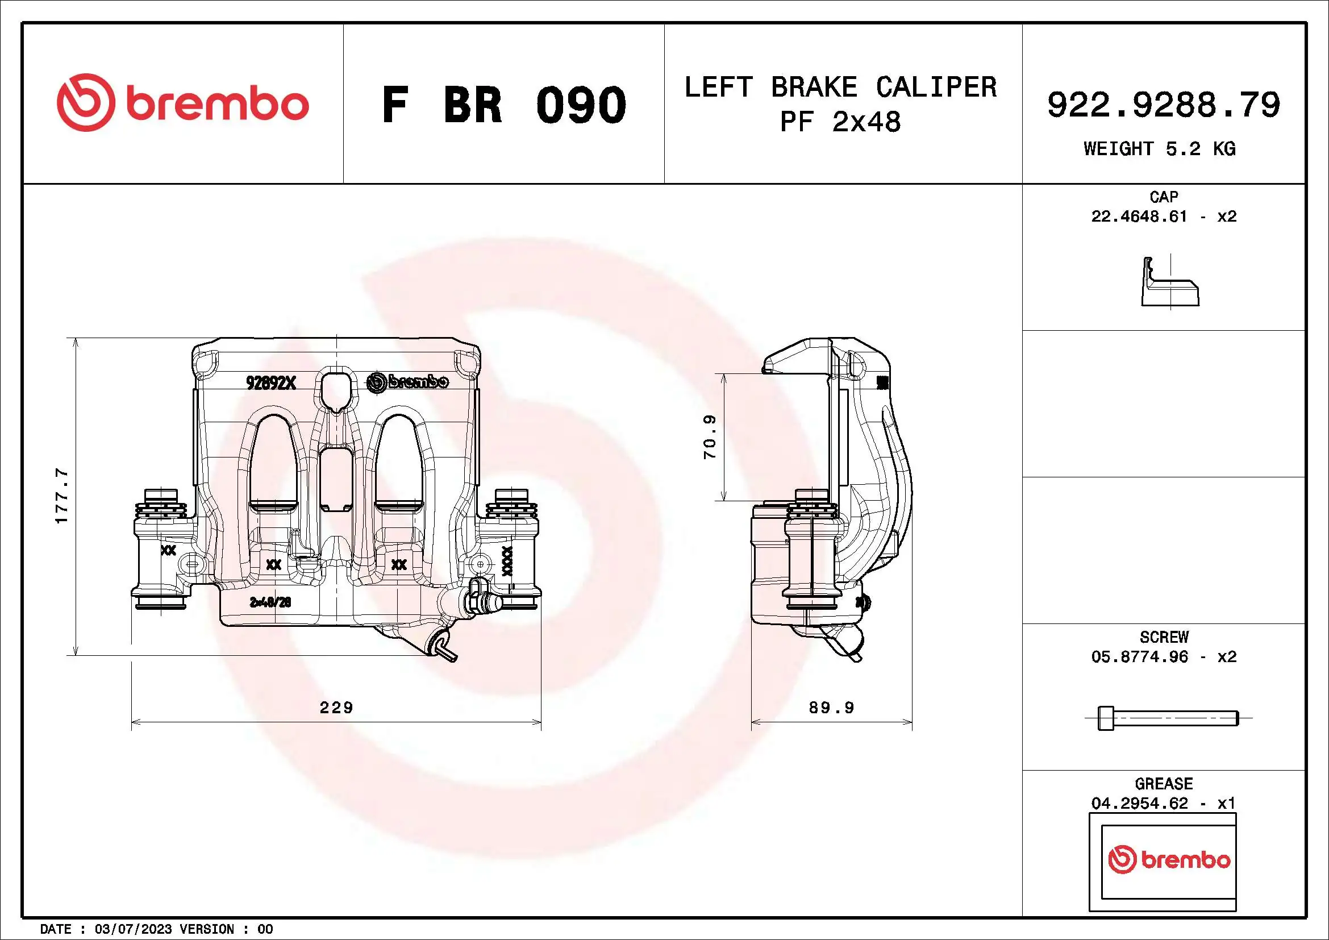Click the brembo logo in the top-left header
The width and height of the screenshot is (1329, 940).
click(182, 102)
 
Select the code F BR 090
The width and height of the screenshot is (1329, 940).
click(503, 105)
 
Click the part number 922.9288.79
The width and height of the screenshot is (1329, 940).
click(1164, 105)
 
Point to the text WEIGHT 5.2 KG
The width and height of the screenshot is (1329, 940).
click(1160, 149)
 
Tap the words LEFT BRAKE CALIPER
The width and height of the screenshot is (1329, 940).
click(840, 88)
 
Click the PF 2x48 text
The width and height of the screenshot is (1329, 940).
click(840, 122)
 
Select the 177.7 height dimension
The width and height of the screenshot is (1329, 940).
click(61, 496)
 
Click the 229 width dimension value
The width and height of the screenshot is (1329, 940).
click(336, 708)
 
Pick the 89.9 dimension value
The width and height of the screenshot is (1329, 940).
click(831, 708)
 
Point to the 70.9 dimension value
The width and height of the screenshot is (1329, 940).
click(710, 437)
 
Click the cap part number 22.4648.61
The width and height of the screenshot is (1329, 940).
click(1139, 217)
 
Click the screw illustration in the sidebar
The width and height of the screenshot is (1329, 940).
click(1168, 718)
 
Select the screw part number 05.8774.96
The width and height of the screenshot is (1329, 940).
click(1139, 656)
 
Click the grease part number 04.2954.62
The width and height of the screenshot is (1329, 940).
click(1139, 804)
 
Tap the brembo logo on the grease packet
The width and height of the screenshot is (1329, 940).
click(1169, 859)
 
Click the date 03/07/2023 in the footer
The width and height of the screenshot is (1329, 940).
click(133, 929)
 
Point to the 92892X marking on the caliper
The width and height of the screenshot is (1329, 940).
click(271, 382)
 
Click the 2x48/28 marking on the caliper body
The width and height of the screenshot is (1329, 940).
click(270, 602)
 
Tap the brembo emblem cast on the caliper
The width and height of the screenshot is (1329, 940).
click(407, 382)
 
